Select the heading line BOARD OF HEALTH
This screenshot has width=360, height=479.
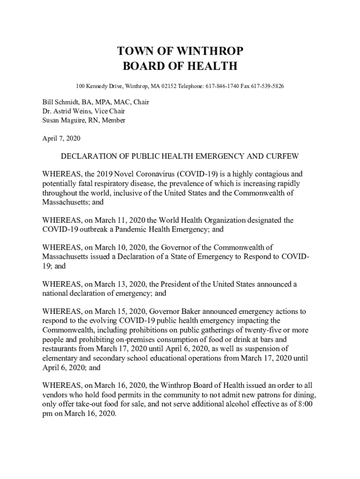click(180, 66)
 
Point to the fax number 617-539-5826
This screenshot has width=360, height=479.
click(267, 87)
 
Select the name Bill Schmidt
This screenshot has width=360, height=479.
click(61, 102)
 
